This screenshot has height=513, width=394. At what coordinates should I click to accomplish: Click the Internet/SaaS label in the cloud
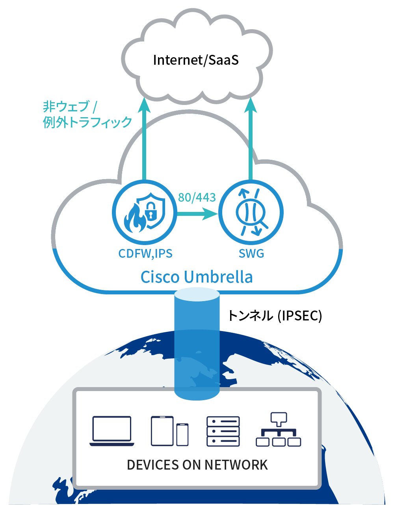coord(196,60)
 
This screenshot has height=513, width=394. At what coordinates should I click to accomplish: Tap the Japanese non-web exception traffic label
coord(87,114)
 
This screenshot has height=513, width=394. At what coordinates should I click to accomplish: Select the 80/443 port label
coord(197,197)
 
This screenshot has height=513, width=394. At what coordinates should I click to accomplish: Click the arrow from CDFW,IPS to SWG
coord(197,214)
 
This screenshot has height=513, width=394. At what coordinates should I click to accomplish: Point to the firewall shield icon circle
coord(144,212)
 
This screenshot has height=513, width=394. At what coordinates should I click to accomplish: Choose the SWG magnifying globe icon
coord(251,212)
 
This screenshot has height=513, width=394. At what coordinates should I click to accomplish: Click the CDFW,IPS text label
coord(145,253)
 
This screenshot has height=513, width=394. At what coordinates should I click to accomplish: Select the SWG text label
coord(251,253)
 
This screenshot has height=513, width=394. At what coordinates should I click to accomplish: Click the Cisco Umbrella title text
coord(197,277)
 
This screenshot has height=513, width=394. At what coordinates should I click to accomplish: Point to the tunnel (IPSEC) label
coord(275,316)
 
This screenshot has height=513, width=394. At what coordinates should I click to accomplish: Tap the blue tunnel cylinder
coord(197,343)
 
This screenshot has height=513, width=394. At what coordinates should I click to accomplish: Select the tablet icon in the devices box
coord(162,431)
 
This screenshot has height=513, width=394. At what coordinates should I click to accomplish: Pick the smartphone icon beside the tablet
coord(182,434)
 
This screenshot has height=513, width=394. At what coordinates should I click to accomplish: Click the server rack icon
coord(223,431)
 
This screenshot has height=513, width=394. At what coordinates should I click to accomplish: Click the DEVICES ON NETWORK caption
coord(197,465)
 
